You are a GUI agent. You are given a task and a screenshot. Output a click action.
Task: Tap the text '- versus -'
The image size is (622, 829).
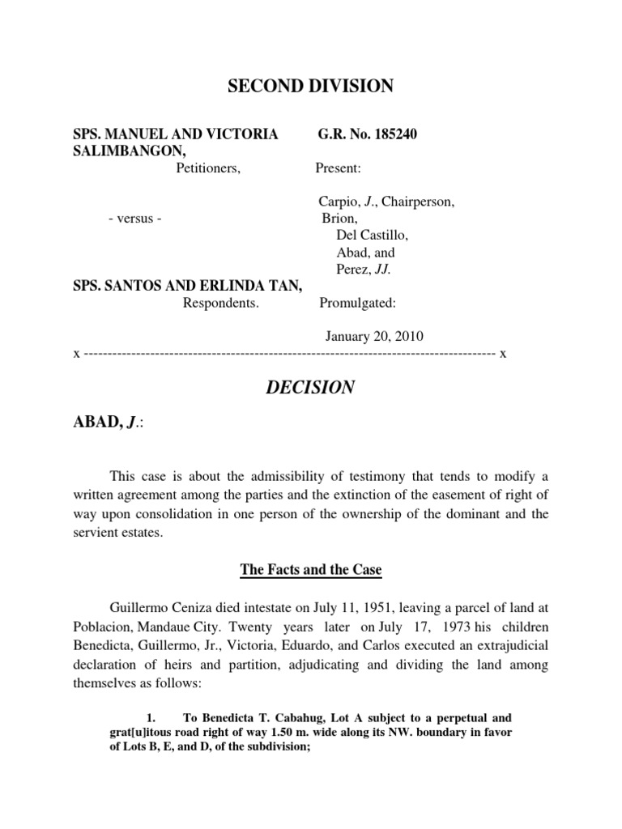(x=135, y=219)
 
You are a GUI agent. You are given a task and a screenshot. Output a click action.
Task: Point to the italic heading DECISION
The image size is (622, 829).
(x=310, y=388)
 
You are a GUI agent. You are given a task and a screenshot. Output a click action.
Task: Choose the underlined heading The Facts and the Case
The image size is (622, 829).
(x=310, y=570)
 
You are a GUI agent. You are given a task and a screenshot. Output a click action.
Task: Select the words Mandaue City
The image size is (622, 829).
(x=176, y=626)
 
